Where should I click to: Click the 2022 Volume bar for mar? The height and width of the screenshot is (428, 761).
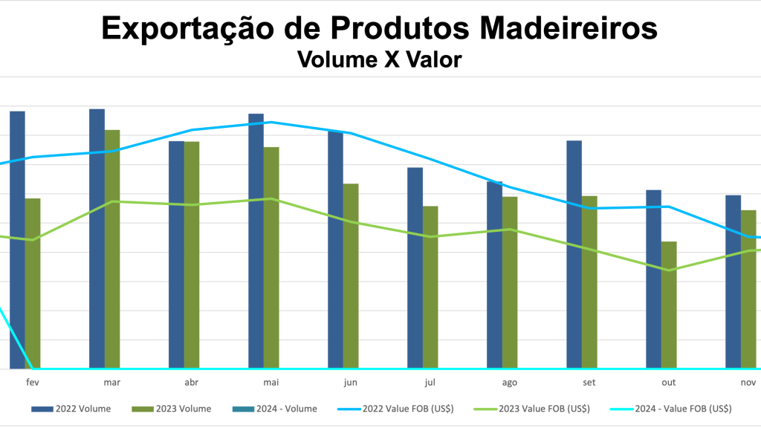(97, 239)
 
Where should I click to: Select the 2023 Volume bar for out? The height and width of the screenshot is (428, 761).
(669, 305)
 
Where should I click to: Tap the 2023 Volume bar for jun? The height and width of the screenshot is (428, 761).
(351, 276)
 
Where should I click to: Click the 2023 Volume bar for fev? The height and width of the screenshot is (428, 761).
(33, 283)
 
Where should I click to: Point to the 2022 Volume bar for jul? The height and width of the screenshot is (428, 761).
(415, 267)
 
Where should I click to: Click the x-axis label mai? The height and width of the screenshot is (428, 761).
(271, 382)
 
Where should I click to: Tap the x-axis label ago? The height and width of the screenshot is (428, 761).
(510, 382)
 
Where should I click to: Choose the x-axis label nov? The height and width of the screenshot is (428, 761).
(748, 382)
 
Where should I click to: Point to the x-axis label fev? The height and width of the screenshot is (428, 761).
(33, 382)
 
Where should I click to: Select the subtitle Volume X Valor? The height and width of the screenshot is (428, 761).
(380, 59)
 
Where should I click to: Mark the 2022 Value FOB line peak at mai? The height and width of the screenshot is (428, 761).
(271, 122)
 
